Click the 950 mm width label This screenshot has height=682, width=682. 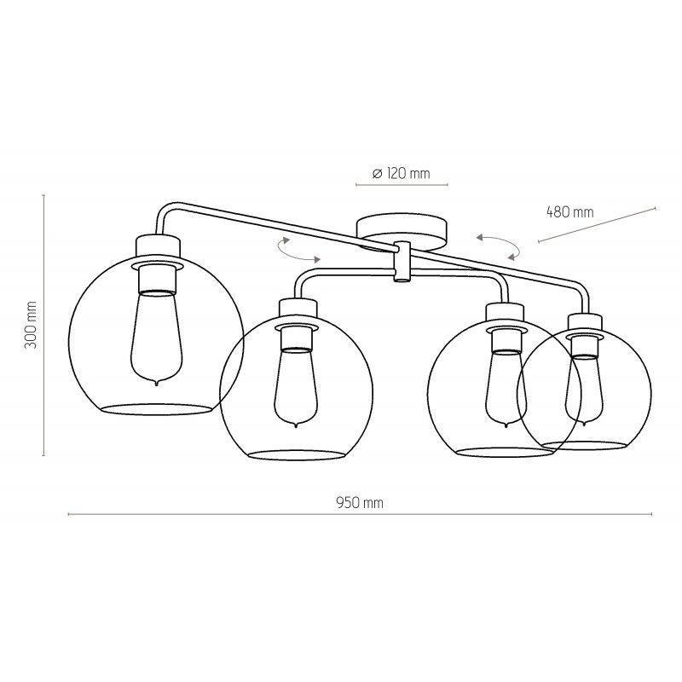360,503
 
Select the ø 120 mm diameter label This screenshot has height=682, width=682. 401,173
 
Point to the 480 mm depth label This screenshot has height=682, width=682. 569,211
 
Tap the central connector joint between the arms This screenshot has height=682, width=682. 402,262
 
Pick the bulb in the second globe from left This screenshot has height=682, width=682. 297,387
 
